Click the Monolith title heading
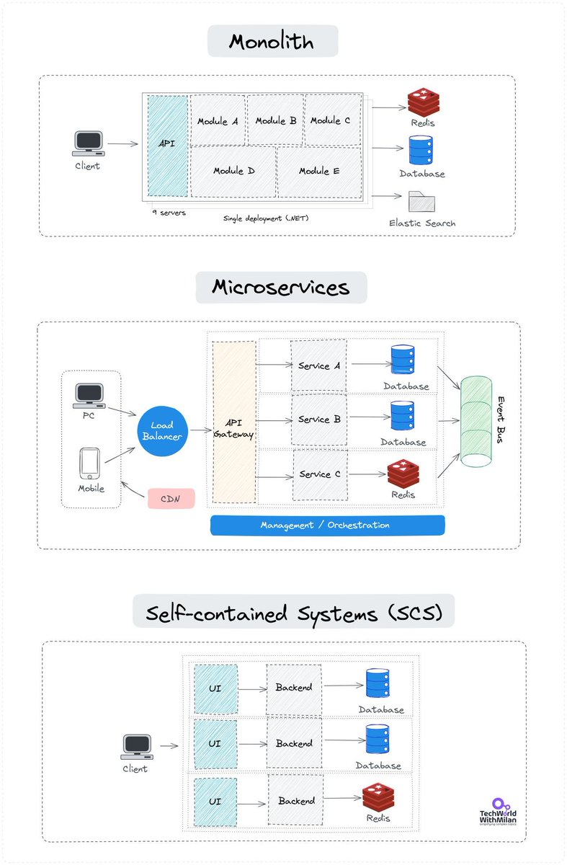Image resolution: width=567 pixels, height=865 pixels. [272, 41]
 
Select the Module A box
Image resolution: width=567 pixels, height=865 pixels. [218, 120]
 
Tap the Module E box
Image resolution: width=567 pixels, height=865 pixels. [319, 172]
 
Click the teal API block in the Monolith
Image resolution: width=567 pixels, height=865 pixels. [167, 145]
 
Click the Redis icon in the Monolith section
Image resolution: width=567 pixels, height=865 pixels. [423, 103]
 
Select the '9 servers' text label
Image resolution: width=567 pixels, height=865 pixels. [169, 213]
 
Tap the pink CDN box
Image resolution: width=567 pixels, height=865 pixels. [171, 498]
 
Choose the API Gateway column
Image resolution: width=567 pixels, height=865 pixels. [234, 422]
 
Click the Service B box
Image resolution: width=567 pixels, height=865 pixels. [319, 419]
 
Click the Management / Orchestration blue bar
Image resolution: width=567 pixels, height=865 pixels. [327, 525]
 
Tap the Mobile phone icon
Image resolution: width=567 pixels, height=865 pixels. [90, 463]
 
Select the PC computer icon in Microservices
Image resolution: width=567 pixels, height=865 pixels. [90, 394]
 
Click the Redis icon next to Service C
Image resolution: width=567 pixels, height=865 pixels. [403, 473]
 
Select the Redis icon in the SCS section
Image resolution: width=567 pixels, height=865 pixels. [378, 797]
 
